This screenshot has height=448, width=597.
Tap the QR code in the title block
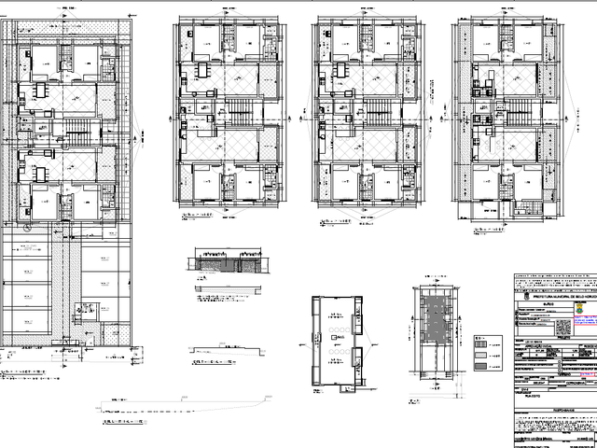(562, 328)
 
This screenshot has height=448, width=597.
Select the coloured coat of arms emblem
(582, 304)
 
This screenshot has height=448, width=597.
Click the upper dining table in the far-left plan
(41, 91)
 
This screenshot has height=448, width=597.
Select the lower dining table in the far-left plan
(41, 173)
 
